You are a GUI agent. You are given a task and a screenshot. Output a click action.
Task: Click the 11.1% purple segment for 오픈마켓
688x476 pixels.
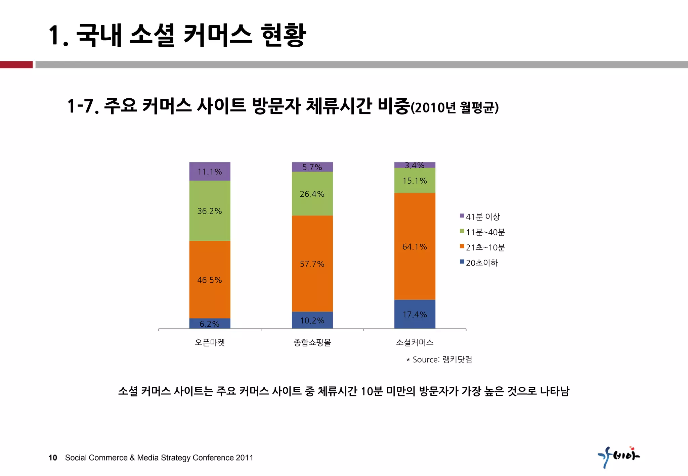click(210, 172)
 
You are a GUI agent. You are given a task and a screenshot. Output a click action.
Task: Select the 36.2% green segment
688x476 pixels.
click(210, 211)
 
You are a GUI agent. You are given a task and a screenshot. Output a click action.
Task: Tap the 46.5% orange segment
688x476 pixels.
click(210, 280)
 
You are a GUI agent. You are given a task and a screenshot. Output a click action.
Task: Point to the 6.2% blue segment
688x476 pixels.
click(210, 324)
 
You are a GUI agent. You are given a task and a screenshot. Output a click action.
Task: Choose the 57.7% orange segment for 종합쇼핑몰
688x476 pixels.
click(312, 264)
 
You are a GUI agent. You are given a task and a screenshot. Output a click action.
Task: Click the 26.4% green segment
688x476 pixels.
click(312, 194)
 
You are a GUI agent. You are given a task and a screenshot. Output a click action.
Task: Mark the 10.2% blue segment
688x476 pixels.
click(312, 320)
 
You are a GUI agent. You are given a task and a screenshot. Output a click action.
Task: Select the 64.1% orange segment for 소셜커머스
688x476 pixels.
click(415, 246)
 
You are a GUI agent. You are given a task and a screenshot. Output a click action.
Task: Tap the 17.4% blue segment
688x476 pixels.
click(415, 314)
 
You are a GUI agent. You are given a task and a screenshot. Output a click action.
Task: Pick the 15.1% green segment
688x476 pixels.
click(415, 181)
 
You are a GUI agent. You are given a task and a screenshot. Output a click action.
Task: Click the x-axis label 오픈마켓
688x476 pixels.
click(210, 342)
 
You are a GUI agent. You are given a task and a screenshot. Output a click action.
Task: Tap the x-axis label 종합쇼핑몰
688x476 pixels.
click(312, 342)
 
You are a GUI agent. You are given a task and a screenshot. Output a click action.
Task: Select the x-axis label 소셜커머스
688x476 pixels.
click(415, 342)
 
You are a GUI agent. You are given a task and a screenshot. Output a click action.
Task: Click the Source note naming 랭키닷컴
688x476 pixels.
click(439, 360)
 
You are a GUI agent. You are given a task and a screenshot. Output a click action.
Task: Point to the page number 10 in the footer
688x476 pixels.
click(53, 458)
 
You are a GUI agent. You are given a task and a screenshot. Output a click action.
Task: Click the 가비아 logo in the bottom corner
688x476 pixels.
click(618, 457)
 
